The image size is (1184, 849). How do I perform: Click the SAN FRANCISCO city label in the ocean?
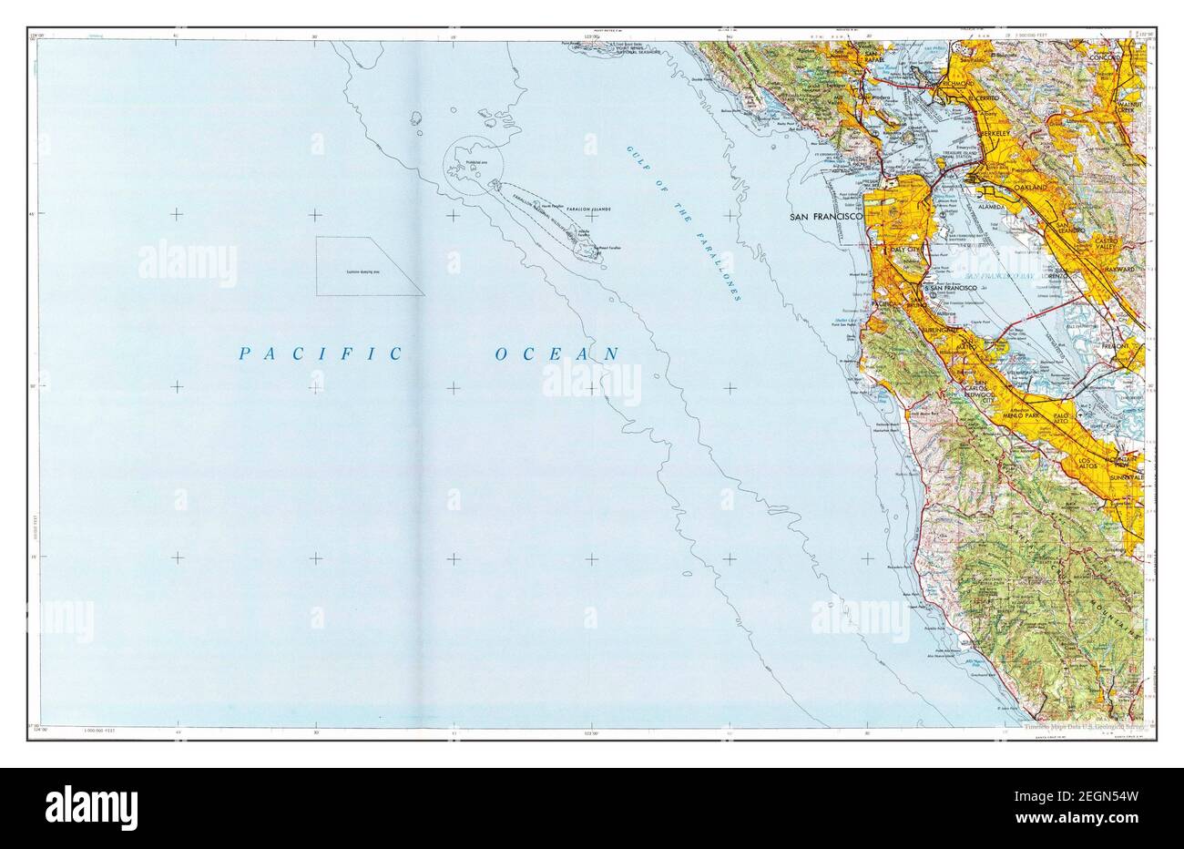[x=825, y=218]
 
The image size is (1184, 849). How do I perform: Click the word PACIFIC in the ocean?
[x=318, y=353]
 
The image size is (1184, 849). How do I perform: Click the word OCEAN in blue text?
[x=557, y=353]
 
